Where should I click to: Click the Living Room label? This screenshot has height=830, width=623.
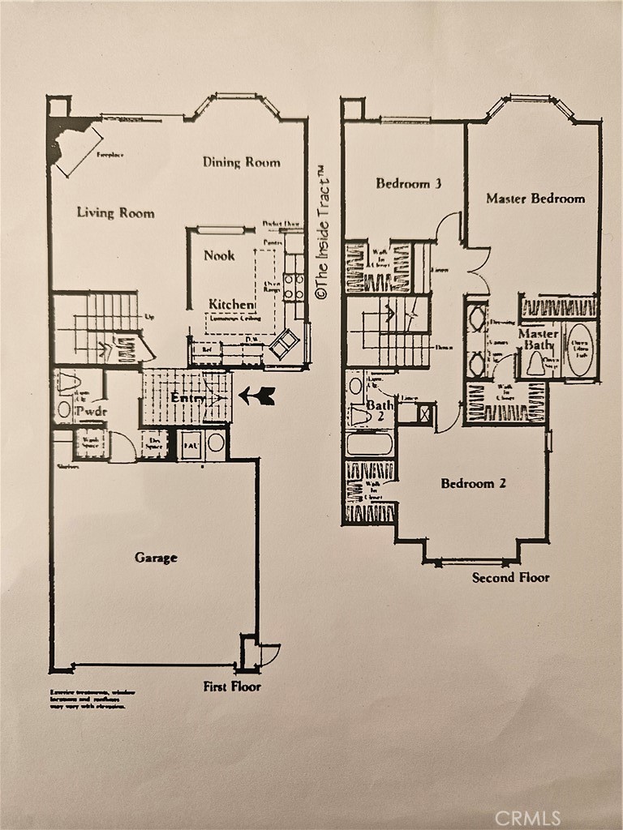click(x=115, y=213)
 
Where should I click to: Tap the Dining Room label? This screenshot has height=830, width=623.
click(x=241, y=162)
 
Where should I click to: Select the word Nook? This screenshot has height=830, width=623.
click(x=219, y=255)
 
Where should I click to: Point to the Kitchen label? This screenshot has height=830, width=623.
click(x=231, y=304)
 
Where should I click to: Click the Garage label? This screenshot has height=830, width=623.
click(x=156, y=558)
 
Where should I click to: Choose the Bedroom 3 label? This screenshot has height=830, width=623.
click(x=408, y=184)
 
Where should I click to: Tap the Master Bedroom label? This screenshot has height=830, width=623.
click(x=535, y=199)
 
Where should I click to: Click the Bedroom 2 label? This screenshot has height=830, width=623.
click(x=473, y=484)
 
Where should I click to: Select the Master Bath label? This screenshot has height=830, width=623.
click(x=538, y=340)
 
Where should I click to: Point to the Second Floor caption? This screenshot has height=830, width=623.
click(x=510, y=578)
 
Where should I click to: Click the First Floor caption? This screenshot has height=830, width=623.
click(x=232, y=687)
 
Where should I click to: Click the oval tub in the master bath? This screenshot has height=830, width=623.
click(x=579, y=349)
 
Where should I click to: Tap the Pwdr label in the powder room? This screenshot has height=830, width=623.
click(x=91, y=412)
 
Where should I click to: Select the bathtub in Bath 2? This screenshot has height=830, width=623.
click(x=369, y=444)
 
